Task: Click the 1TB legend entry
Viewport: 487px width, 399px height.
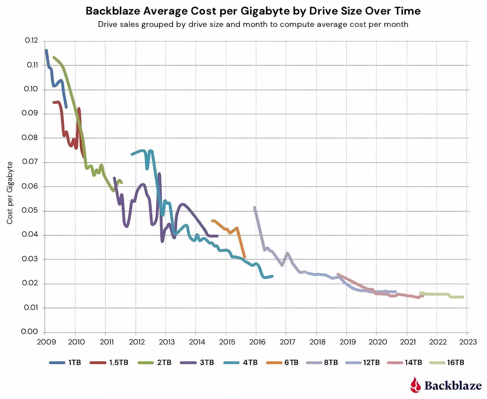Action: pyautogui.click(x=65, y=362)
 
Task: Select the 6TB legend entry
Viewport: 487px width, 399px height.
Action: pyautogui.click(x=282, y=362)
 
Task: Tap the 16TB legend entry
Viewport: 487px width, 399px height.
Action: pyautogui.click(x=447, y=362)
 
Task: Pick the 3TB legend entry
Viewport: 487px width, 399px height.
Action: pyautogui.click(x=197, y=362)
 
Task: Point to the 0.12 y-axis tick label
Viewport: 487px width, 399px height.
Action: pyautogui.click(x=31, y=41)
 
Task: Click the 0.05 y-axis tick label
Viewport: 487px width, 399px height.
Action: pyautogui.click(x=30, y=211)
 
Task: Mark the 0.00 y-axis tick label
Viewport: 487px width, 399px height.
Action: pyautogui.click(x=29, y=332)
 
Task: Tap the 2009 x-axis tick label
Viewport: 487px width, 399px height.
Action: pyautogui.click(x=46, y=342)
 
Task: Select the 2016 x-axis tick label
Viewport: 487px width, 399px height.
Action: pyautogui.click(x=257, y=342)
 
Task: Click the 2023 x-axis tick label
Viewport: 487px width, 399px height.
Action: pyautogui.click(x=468, y=342)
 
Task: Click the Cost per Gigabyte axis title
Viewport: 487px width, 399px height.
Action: pyautogui.click(x=10, y=193)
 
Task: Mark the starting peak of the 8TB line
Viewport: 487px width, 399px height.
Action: pyautogui.click(x=255, y=207)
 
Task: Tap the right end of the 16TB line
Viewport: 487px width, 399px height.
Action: pyautogui.click(x=463, y=297)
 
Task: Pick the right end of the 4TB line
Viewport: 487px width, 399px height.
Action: pyautogui.click(x=272, y=276)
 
